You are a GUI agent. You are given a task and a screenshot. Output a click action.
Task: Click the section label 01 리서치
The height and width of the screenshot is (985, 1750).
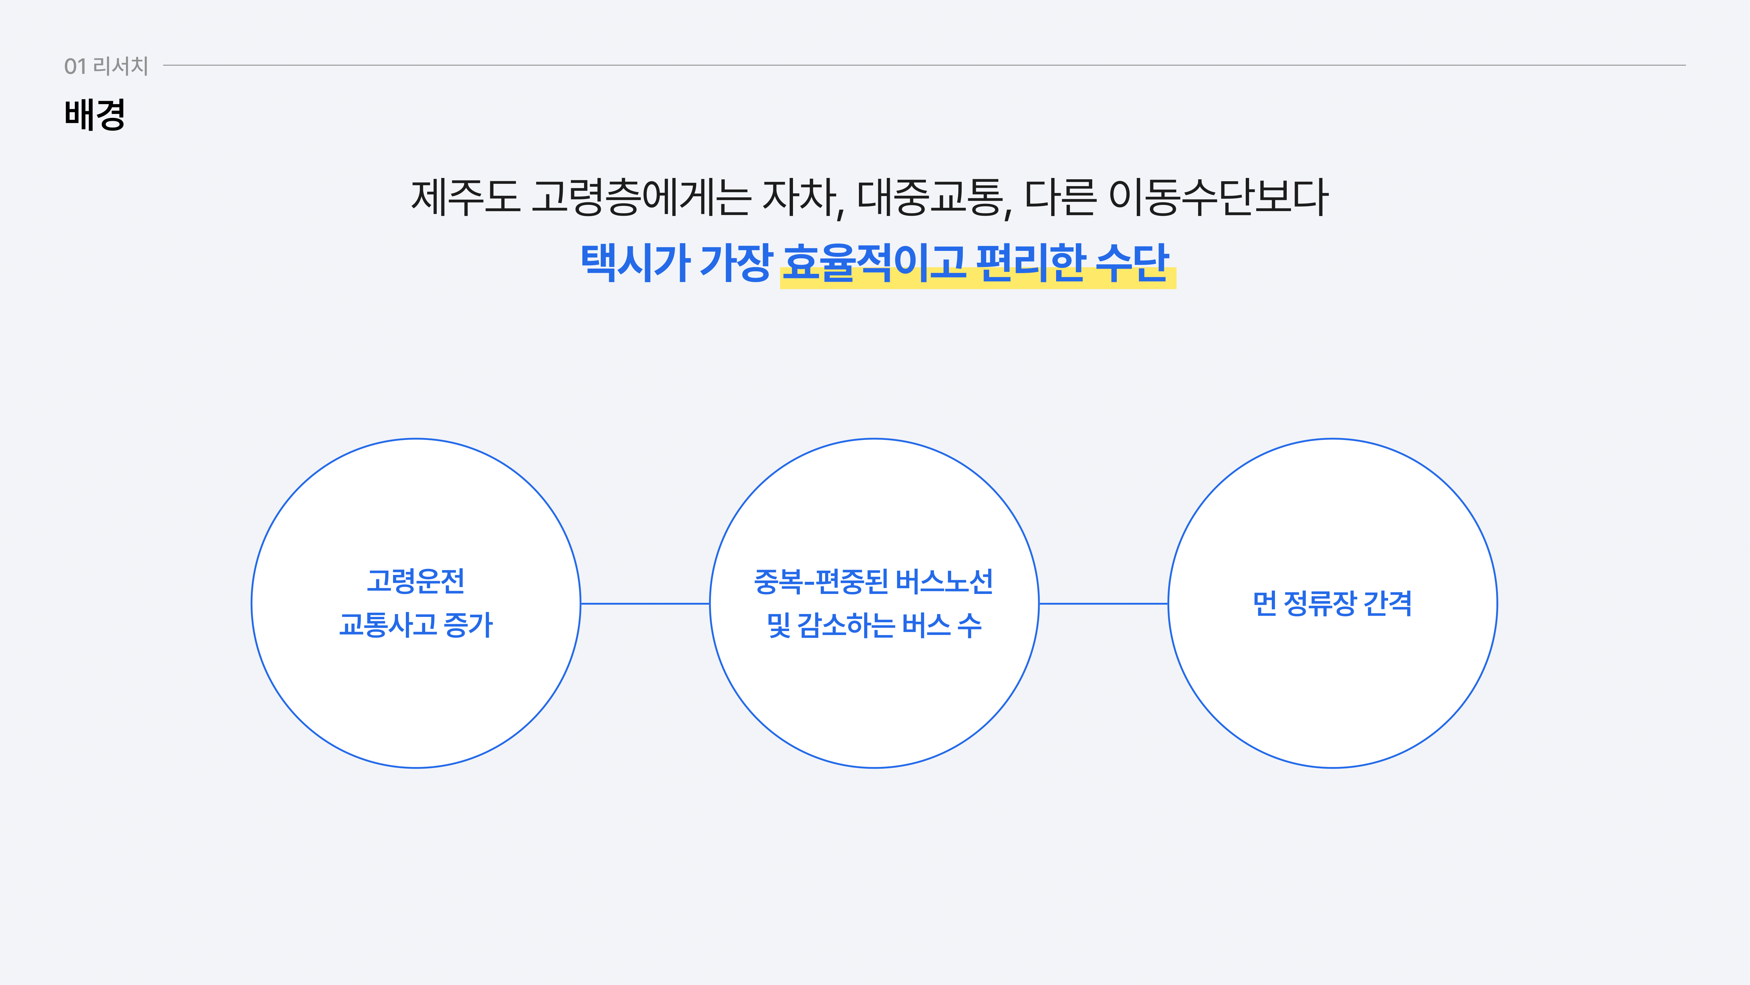106,66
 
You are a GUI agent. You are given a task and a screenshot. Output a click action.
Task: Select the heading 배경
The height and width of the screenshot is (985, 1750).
94,114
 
